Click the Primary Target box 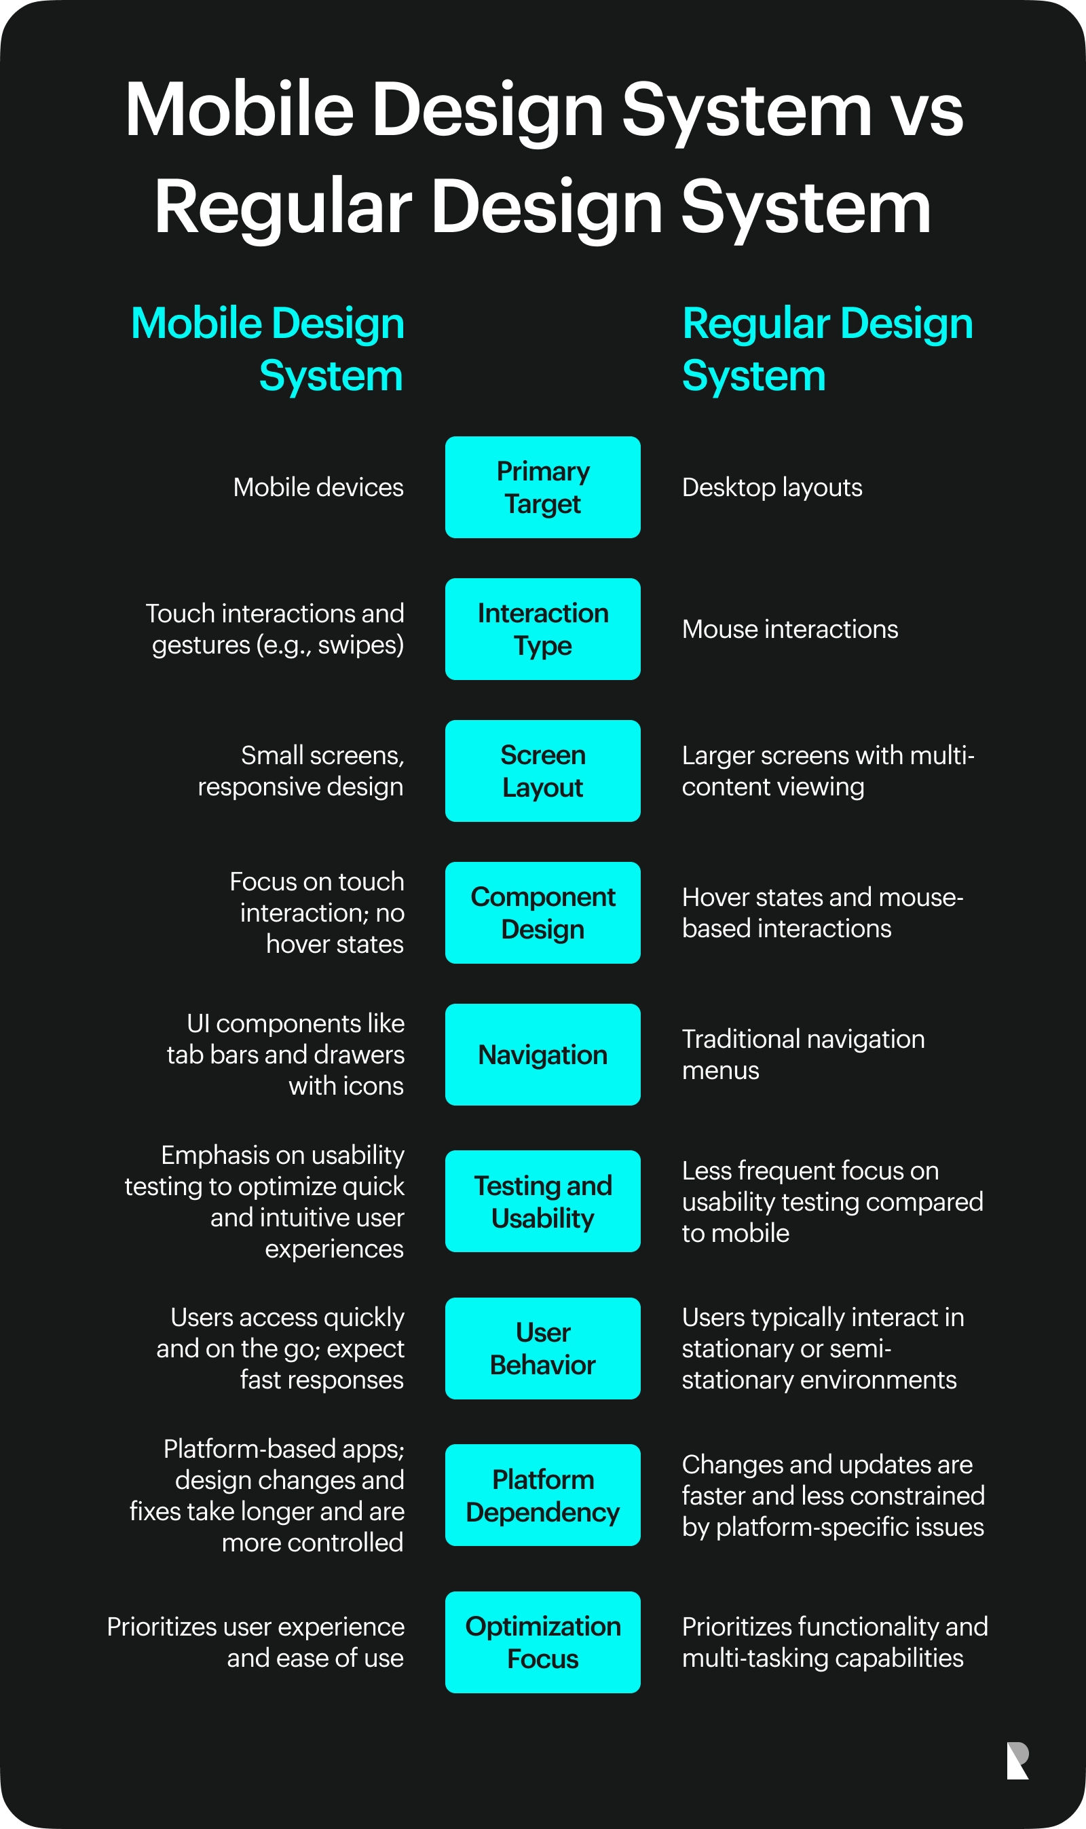[x=542, y=487]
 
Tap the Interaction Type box [x=542, y=629]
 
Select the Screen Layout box [x=542, y=771]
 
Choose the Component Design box [x=542, y=912]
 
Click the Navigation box [x=542, y=1054]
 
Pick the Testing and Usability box [x=542, y=1201]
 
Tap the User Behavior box [x=542, y=1349]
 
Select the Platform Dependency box [x=542, y=1495]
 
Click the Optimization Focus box [x=542, y=1642]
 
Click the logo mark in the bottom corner [x=1018, y=1761]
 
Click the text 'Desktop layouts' [x=772, y=487]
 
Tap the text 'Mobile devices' [x=318, y=487]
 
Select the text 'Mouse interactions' [x=789, y=629]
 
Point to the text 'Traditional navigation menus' [x=803, y=1054]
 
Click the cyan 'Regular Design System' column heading [x=827, y=349]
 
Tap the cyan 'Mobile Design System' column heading [x=268, y=349]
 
